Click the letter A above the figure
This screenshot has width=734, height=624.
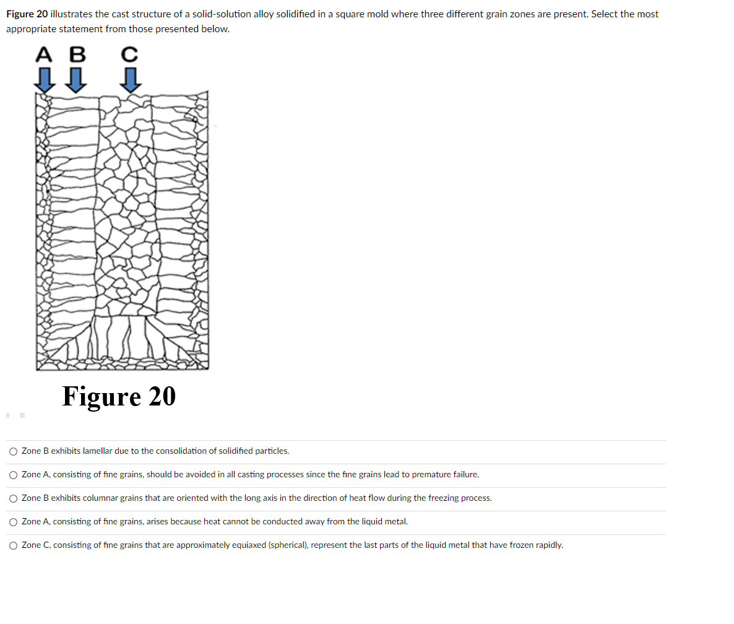tap(44, 55)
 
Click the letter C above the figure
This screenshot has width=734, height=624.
tap(129, 55)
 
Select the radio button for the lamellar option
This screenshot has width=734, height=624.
tap(14, 451)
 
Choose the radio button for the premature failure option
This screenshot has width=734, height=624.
tap(14, 475)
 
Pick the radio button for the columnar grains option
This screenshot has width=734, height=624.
tap(14, 498)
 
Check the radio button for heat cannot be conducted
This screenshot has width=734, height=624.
tap(14, 522)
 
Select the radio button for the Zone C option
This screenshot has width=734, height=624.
tap(14, 545)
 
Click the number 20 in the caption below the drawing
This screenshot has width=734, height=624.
tap(162, 396)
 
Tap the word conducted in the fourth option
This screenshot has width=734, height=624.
tap(281, 522)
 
